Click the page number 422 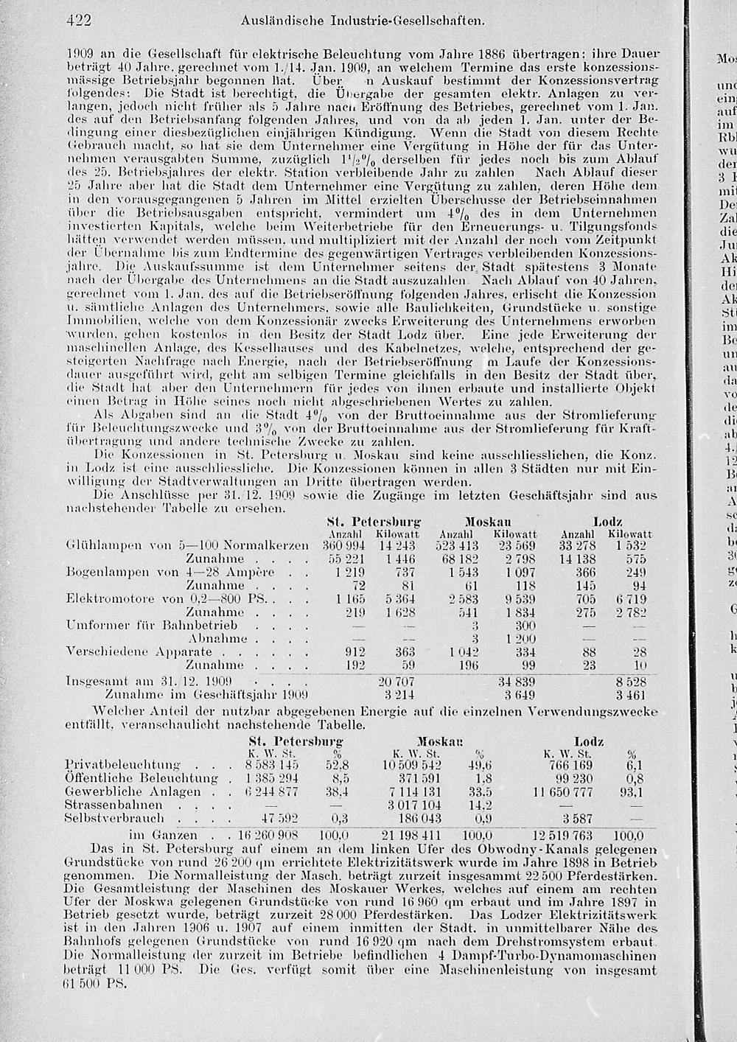[77, 21]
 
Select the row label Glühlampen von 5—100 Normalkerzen [187, 546]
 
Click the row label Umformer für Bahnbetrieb [152, 625]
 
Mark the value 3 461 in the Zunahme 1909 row [631, 693]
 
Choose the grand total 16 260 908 [268, 835]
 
